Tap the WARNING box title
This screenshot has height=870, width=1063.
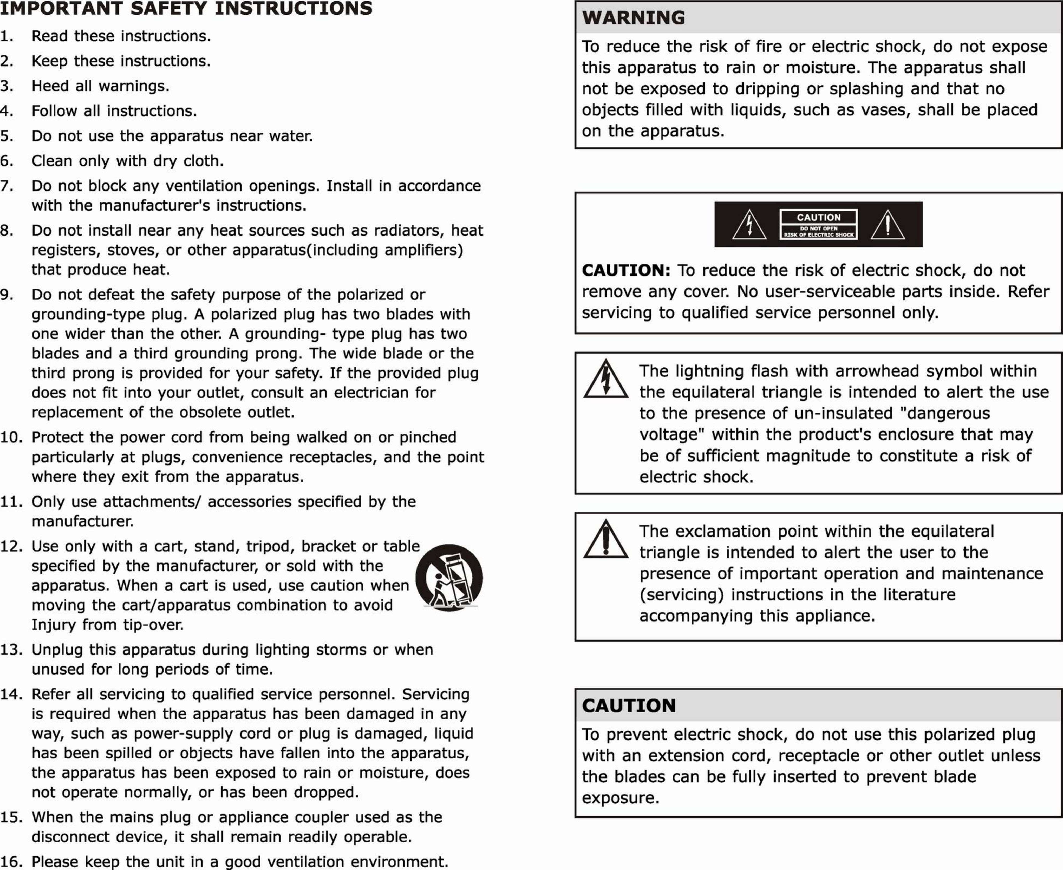[x=634, y=17]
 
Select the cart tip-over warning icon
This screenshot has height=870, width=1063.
[x=449, y=577]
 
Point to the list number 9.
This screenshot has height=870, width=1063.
[x=6, y=295]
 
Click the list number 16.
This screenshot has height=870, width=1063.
[x=11, y=861]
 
